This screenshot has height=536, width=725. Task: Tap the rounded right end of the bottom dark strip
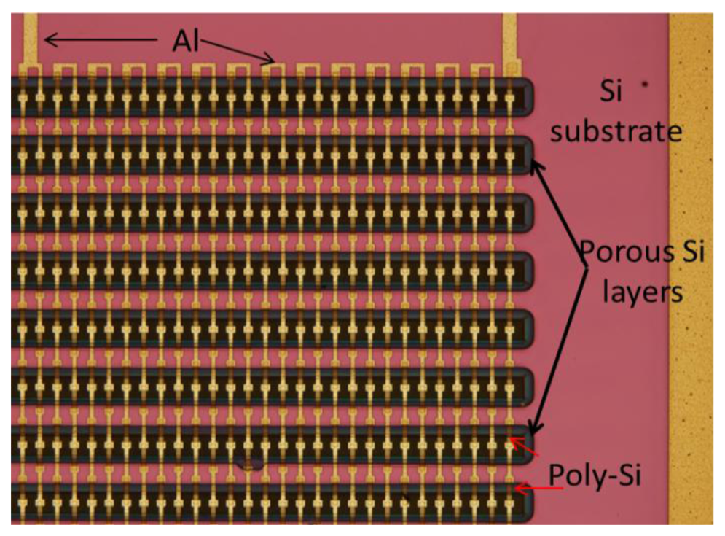click(526, 503)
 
